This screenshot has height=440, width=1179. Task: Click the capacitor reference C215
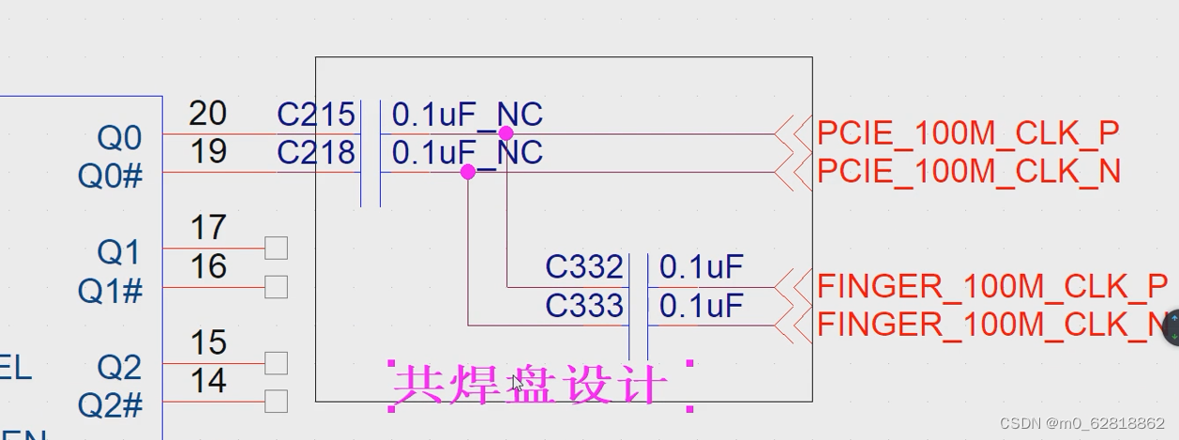(x=316, y=114)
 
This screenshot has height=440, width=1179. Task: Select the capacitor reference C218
(x=316, y=153)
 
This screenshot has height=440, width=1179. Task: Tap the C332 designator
(x=584, y=267)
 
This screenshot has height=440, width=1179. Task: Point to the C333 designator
(x=584, y=306)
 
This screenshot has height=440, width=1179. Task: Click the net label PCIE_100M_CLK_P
(x=968, y=134)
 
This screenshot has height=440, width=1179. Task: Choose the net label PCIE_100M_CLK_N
(x=969, y=173)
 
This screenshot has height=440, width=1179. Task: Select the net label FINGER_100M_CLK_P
(x=992, y=285)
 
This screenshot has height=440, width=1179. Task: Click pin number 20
(x=207, y=114)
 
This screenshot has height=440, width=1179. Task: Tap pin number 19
(x=207, y=152)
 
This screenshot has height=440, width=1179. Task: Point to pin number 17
(x=207, y=228)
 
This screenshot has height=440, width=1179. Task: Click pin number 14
(x=207, y=381)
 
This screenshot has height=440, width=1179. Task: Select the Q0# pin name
(x=110, y=176)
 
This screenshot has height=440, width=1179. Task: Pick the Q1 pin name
(x=118, y=252)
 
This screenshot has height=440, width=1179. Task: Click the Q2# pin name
(x=110, y=405)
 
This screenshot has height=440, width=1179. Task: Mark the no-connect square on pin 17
(x=276, y=248)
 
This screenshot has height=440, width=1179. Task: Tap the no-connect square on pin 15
(x=276, y=362)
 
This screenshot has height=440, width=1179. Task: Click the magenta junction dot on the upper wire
(x=506, y=133)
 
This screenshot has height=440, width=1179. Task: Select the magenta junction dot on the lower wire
(x=468, y=172)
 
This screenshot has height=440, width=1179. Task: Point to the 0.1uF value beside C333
(x=701, y=306)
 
